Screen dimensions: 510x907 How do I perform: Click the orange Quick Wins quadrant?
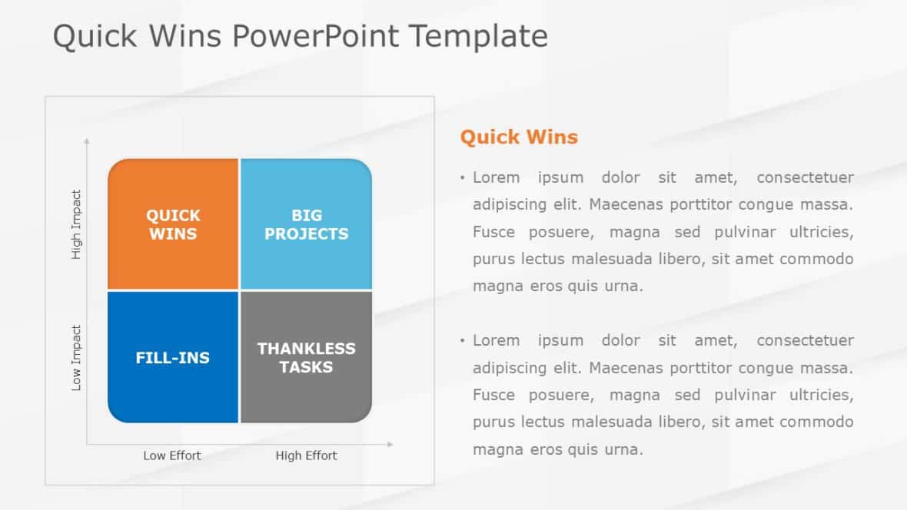click(173, 224)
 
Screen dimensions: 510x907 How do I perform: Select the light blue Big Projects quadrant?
click(306, 224)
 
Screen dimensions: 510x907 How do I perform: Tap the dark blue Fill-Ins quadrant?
click(173, 358)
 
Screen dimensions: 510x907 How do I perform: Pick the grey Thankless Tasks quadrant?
click(306, 358)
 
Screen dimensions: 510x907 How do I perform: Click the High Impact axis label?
click(76, 224)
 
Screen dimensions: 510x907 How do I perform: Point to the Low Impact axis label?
click(76, 358)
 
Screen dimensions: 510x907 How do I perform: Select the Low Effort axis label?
click(172, 455)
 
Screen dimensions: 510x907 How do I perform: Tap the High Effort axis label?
click(306, 455)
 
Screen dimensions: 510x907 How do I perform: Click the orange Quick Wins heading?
click(519, 137)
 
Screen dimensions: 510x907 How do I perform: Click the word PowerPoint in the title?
click(316, 37)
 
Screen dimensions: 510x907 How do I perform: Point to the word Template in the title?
click(479, 37)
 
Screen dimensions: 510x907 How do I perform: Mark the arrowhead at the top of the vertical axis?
click(86, 141)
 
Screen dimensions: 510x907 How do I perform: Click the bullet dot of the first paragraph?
click(463, 178)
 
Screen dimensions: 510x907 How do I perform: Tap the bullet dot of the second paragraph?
click(463, 340)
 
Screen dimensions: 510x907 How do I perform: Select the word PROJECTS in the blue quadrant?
click(306, 234)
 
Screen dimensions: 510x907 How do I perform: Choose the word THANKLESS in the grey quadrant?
click(306, 349)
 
